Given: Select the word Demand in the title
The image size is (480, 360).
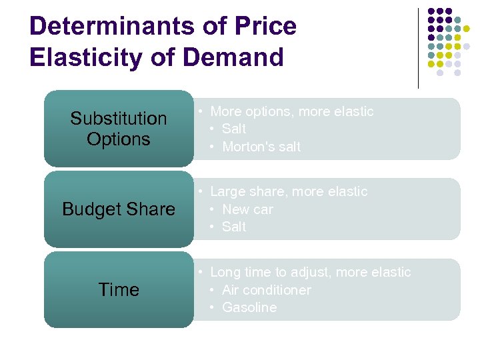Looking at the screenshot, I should tap(233, 57).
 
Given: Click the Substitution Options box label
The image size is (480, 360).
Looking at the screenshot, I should tap(119, 129).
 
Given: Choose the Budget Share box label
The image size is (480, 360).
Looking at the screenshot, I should tap(119, 209).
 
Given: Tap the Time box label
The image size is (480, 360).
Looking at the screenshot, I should tap(119, 290).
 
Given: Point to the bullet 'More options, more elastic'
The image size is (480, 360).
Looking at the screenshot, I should tap(291, 111).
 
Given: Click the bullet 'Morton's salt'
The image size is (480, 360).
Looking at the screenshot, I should tap(261, 147).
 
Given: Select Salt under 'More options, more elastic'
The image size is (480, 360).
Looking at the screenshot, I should tap(234, 129).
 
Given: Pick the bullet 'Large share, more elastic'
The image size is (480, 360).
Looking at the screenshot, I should tap(288, 191).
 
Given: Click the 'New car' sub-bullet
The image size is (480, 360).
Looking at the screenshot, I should tap(247, 209).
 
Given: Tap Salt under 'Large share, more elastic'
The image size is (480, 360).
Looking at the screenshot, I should tap(234, 227).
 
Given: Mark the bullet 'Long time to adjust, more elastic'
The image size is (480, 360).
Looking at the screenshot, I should tap(310, 272).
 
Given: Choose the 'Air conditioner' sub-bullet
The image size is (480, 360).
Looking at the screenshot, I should tap(266, 290).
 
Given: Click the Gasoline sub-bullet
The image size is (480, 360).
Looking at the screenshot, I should tap(249, 307).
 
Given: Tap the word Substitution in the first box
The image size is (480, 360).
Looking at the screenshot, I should tap(119, 119).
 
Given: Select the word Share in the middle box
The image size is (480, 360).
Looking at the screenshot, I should tap(153, 209).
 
